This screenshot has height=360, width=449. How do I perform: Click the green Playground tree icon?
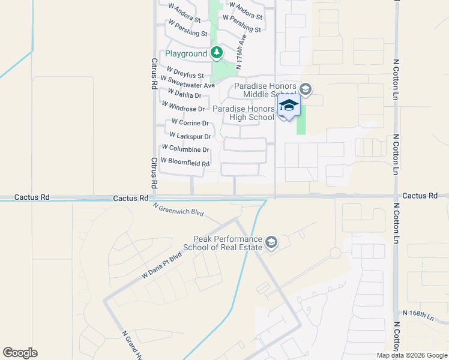[217, 53]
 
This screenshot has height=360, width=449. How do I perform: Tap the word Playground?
[186, 54]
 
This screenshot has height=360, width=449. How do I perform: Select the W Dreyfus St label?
[185, 73]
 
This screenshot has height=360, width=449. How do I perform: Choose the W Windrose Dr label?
[183, 107]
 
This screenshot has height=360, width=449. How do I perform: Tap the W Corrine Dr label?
[189, 123]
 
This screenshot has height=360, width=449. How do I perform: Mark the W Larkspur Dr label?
[190, 136]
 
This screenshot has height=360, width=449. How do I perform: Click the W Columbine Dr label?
[185, 149]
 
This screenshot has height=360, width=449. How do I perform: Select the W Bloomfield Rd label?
[185, 163]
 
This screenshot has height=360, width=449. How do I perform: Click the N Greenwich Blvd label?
[178, 209]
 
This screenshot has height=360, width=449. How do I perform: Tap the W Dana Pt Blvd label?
[161, 265]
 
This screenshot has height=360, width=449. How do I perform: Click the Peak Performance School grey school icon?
[271, 242]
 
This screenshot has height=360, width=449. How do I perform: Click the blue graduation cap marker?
[289, 106]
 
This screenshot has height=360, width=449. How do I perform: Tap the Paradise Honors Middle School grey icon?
[305, 90]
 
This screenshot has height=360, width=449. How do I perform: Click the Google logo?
[20, 353]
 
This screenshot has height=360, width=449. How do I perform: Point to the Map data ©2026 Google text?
[412, 355]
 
